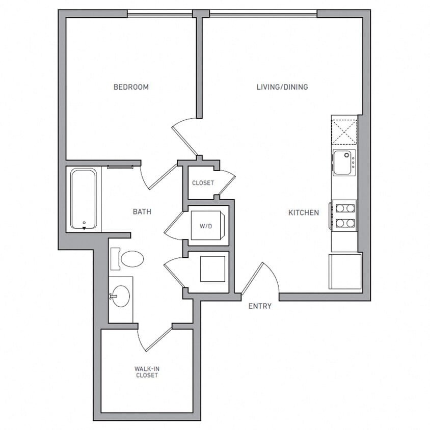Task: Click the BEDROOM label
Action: tap(131, 87)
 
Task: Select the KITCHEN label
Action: tap(304, 212)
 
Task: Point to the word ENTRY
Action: tap(260, 306)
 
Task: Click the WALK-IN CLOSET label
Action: tap(146, 371)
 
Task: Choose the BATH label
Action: tap(142, 211)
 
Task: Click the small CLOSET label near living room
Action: tap(203, 183)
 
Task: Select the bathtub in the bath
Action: tap(83, 199)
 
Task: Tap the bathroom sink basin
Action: tap(121, 296)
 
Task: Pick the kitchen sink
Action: tap(344, 163)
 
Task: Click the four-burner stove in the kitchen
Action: tap(344, 215)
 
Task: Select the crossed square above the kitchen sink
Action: tap(344, 131)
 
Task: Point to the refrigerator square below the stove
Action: tap(345, 271)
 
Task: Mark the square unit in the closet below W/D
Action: tap(212, 269)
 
